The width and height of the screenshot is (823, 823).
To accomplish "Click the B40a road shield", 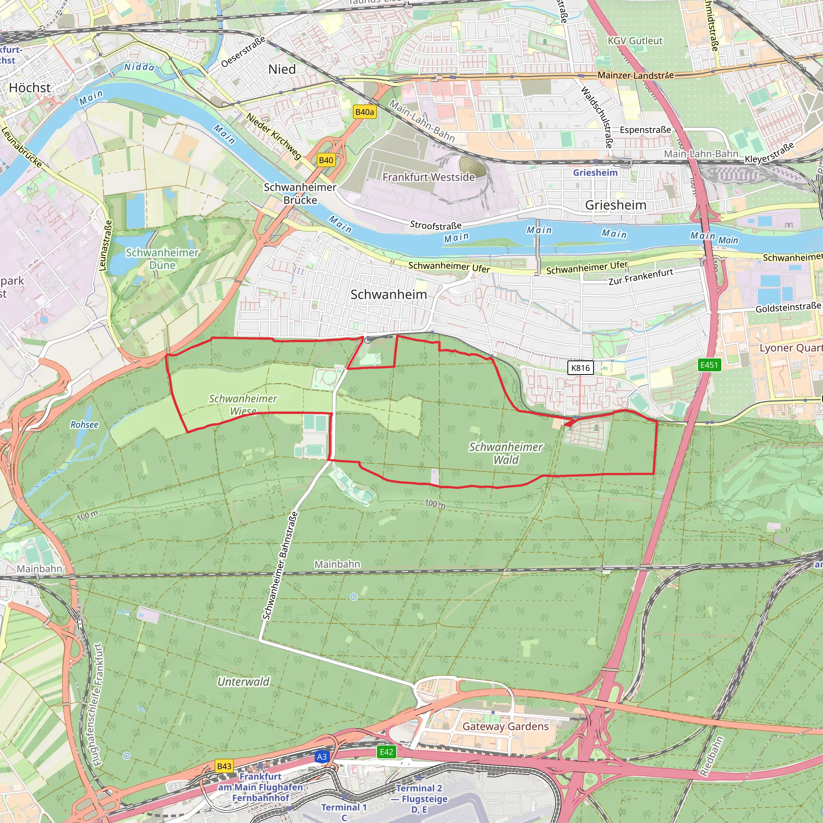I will click(x=364, y=112).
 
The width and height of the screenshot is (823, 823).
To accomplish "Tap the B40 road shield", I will click(x=326, y=160).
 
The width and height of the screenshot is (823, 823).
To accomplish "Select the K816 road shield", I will click(x=580, y=368).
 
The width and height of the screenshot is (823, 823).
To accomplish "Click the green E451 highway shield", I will click(x=709, y=364).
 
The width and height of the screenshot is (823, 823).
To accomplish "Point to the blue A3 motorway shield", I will click(x=322, y=757).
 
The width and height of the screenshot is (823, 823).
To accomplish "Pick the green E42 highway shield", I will click(x=386, y=752).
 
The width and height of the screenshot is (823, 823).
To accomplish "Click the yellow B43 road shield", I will click(x=224, y=766).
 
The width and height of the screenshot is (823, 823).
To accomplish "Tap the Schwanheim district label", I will click(x=389, y=294).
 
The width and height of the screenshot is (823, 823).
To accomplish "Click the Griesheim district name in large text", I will click(x=616, y=205).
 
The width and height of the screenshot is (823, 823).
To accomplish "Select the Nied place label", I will click(x=282, y=69).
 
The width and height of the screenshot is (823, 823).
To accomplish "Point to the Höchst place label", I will click(x=30, y=88).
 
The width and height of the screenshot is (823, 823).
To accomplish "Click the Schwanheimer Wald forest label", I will click(x=506, y=453).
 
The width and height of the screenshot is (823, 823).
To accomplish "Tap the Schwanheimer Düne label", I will click(x=162, y=258).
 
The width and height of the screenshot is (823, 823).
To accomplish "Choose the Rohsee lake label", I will click(x=84, y=425).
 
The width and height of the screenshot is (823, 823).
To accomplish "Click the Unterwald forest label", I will click(x=244, y=682).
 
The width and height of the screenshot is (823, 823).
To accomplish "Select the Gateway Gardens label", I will click(x=506, y=726).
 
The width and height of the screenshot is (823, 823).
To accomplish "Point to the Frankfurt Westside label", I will click(x=428, y=177).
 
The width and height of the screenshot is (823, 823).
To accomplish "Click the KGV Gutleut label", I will click(x=635, y=41).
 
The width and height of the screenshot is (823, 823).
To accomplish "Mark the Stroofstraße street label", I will click(x=436, y=225).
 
